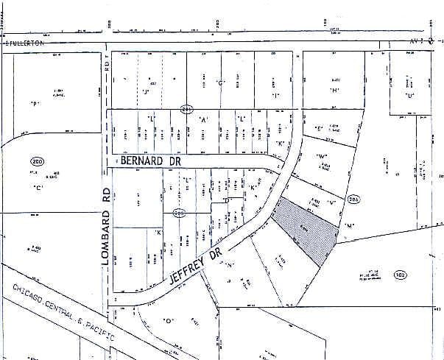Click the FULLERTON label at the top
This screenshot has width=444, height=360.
25,43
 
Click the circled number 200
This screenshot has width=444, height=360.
36,160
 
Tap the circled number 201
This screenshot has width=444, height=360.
186,108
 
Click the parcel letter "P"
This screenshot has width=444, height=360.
35,103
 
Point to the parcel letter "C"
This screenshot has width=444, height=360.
36,187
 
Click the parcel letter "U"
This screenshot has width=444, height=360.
409,96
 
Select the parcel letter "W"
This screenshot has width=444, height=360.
322,157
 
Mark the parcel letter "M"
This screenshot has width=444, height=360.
349,225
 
